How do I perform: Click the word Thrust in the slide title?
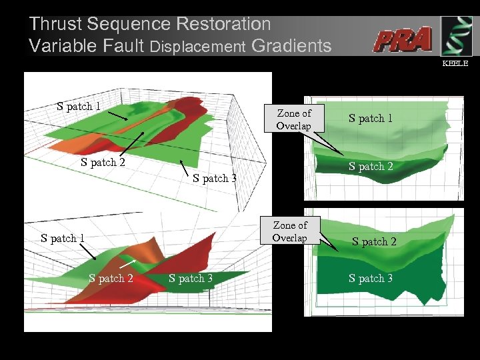[x=57, y=25]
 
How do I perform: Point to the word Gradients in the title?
[x=291, y=46]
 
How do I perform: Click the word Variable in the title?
[x=61, y=46]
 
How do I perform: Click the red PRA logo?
[x=402, y=40]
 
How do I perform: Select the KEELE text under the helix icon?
[x=456, y=63]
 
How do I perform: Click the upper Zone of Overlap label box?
[x=293, y=119]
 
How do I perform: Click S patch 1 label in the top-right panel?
[x=371, y=119]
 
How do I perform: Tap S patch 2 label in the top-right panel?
[x=371, y=167]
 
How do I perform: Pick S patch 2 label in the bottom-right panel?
[x=374, y=241]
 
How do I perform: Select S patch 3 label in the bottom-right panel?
[x=371, y=279]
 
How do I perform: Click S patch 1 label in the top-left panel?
[x=79, y=106]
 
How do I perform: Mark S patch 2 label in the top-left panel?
[x=103, y=161]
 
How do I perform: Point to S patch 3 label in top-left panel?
[x=215, y=178]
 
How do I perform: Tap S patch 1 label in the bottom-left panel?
[x=63, y=238]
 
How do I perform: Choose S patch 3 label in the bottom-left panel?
[x=191, y=278]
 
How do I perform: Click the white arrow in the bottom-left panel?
[x=129, y=266]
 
